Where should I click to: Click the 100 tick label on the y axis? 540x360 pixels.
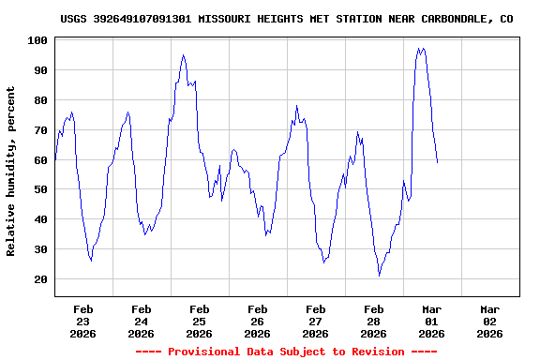point(38,40)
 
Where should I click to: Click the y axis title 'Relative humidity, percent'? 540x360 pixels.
point(11,171)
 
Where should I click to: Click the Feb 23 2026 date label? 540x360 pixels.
point(83,321)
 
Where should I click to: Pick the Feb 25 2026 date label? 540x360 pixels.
point(199,321)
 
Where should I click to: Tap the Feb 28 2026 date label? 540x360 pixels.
point(373,321)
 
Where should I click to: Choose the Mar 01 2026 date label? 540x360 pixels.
point(431,321)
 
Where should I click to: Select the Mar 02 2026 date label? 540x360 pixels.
point(489,321)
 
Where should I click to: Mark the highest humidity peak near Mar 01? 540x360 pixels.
point(419,49)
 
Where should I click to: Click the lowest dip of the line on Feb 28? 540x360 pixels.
point(379,276)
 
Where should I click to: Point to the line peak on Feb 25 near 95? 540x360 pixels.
point(183,54)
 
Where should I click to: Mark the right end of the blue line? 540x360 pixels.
point(437,162)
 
